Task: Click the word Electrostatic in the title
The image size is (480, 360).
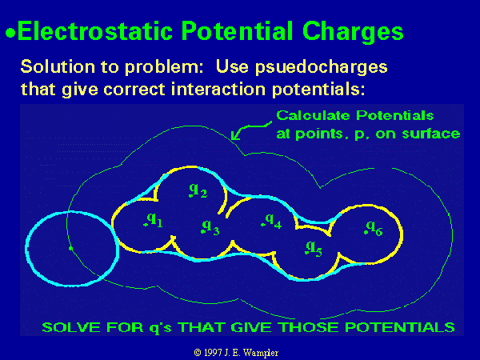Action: (95, 31)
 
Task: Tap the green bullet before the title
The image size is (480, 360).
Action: (10, 33)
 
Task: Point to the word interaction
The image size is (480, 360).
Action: (218, 89)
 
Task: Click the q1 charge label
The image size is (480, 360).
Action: (154, 220)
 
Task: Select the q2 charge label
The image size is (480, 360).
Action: (198, 190)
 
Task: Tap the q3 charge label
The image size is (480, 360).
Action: (210, 227)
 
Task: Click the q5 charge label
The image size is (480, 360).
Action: (314, 248)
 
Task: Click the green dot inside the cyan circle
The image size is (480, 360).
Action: (70, 249)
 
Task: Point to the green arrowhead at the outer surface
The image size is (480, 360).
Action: (234, 136)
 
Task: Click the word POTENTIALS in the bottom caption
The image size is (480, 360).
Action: (400, 327)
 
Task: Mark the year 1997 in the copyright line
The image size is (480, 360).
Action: (213, 353)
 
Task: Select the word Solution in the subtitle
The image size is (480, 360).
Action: (58, 66)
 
